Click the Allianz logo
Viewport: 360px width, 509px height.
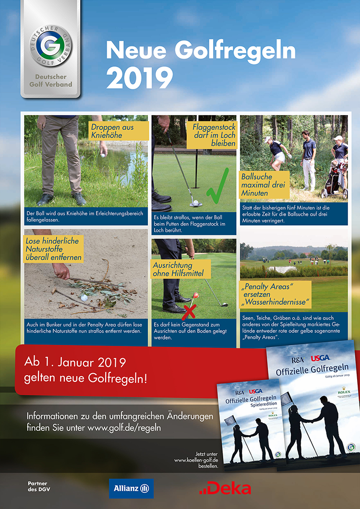click(x=131, y=488)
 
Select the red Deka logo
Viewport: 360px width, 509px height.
click(x=225, y=489)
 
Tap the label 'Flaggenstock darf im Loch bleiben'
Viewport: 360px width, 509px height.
click(x=214, y=135)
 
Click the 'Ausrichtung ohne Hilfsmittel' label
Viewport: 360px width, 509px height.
click(x=181, y=269)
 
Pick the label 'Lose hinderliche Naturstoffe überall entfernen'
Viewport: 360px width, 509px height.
click(x=54, y=248)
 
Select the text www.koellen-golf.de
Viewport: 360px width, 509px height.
click(x=196, y=460)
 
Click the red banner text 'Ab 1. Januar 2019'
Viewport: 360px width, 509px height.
click(x=77, y=361)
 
